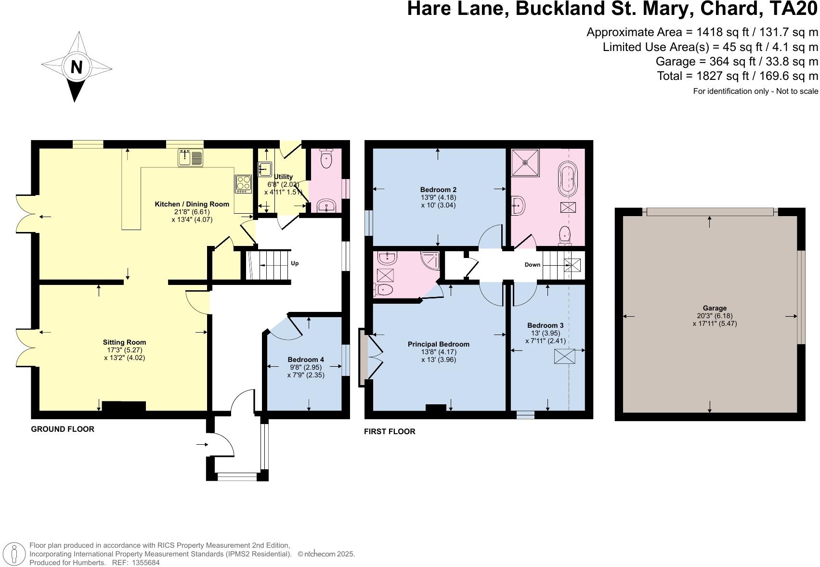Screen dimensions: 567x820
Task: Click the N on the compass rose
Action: click(76, 67)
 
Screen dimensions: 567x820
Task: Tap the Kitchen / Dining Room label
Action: click(192, 204)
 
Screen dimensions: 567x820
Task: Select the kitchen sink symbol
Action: click(191, 157)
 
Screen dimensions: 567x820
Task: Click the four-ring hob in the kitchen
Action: click(243, 183)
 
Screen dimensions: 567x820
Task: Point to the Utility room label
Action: click(283, 177)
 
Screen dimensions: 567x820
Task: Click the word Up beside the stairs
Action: click(295, 263)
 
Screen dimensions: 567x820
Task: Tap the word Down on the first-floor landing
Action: click(532, 265)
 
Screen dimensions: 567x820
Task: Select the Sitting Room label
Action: click(124, 342)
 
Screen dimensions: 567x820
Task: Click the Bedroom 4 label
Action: click(306, 360)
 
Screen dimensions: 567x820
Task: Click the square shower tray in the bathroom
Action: click(525, 162)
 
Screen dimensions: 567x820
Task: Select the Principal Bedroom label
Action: click(438, 344)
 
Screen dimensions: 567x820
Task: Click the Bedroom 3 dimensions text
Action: click(545, 337)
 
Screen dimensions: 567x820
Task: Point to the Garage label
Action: click(715, 308)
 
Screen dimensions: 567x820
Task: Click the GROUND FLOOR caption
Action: click(63, 429)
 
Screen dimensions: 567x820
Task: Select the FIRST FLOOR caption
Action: click(390, 431)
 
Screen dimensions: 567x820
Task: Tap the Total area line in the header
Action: click(737, 76)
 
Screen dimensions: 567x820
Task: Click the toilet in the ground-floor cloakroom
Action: click(326, 159)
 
